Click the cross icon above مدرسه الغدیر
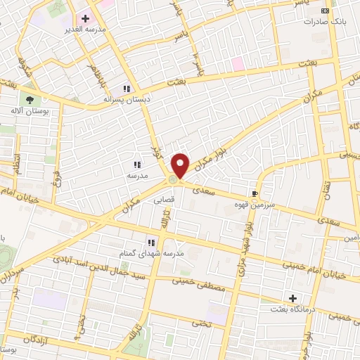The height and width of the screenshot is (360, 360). [86, 18]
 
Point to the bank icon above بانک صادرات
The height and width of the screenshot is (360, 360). [324, 11]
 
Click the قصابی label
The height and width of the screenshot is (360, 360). [165, 199]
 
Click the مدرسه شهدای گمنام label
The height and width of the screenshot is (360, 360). [150, 252]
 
